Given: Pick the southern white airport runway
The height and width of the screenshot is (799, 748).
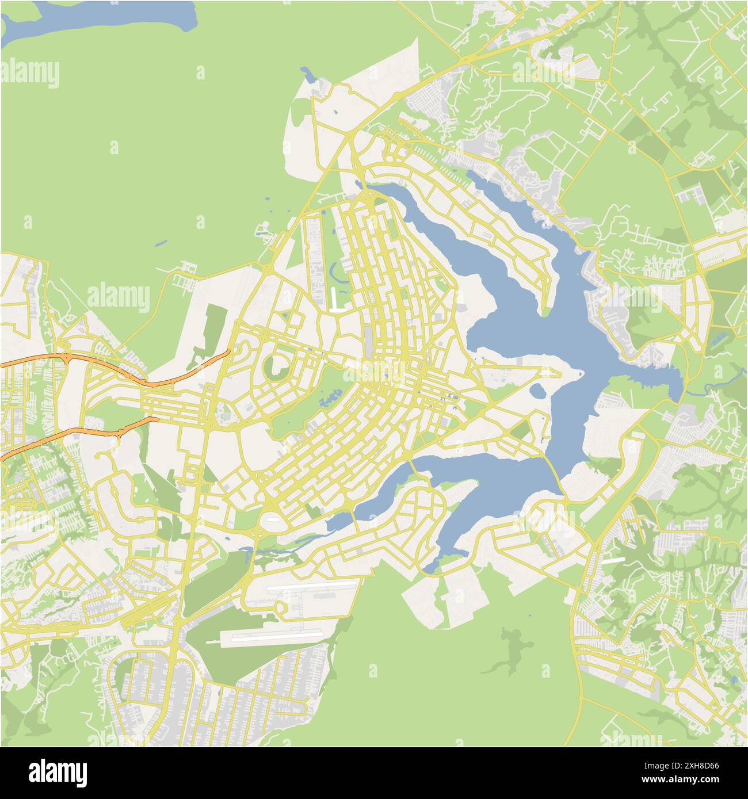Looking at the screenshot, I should [270, 636].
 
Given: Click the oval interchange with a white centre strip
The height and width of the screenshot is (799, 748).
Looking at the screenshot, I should [272, 521].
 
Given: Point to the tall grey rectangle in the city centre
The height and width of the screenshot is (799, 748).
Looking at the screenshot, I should [368, 341].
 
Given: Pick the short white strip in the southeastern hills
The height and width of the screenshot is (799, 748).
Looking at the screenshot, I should [613, 559].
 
